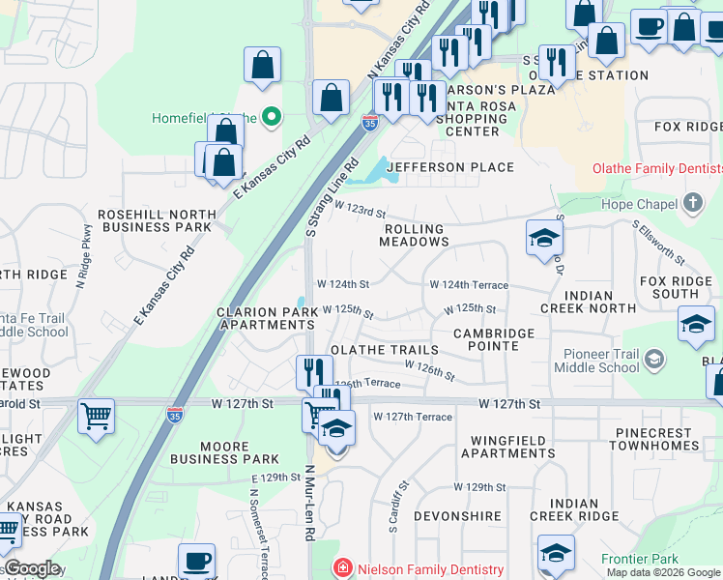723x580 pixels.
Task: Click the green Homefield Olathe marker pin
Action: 272,118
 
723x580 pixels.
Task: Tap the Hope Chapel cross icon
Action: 692,203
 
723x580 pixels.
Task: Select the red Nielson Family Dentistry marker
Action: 340,569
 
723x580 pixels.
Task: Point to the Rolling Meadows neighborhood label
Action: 414,236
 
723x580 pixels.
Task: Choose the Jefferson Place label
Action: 450,167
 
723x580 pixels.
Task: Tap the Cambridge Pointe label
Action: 494,340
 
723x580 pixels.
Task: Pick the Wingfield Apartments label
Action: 499,447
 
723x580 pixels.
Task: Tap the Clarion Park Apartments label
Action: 265,319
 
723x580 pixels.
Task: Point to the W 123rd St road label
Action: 360,210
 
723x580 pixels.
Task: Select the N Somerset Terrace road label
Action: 256,518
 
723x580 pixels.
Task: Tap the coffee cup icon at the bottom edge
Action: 197,561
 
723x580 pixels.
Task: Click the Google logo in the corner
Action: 32,568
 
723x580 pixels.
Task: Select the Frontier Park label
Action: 640,559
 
